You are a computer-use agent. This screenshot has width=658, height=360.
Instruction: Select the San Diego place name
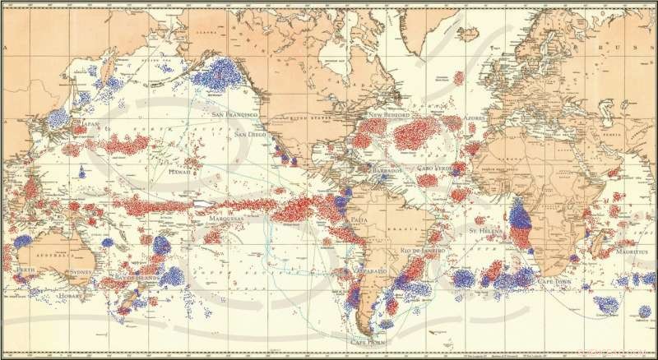(250, 134)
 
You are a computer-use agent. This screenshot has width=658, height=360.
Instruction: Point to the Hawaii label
(179, 173)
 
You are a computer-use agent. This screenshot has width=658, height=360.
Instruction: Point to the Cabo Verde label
(435, 168)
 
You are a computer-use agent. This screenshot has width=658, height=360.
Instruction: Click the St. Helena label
(484, 232)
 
